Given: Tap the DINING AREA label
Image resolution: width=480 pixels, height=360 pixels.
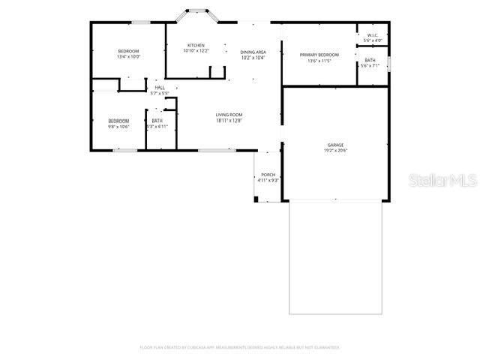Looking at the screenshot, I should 253,52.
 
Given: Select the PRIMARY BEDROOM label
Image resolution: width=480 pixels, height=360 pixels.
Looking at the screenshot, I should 319,55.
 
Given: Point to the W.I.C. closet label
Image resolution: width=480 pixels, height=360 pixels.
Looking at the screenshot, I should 373,35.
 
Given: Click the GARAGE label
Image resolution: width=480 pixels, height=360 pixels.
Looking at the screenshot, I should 335,144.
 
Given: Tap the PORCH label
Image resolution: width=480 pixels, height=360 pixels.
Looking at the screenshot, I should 268,175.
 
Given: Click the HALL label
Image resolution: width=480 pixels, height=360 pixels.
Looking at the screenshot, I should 160,88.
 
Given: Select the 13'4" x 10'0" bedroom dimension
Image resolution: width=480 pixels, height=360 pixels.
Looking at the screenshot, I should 128,57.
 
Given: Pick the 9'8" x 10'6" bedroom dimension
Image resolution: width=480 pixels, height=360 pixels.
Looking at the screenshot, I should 118,127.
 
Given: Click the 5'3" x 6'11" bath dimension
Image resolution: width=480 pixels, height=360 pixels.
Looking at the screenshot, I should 157,127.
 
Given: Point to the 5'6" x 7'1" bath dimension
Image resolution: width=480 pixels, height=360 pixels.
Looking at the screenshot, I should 370,66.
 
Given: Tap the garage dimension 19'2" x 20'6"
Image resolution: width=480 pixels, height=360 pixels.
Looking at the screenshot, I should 335,150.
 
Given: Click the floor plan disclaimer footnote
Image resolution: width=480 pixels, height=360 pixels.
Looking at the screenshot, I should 240,347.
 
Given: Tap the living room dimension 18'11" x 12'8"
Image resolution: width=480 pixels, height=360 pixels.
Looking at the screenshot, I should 229,121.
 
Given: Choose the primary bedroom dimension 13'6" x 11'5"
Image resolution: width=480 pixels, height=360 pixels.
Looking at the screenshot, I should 319,61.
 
